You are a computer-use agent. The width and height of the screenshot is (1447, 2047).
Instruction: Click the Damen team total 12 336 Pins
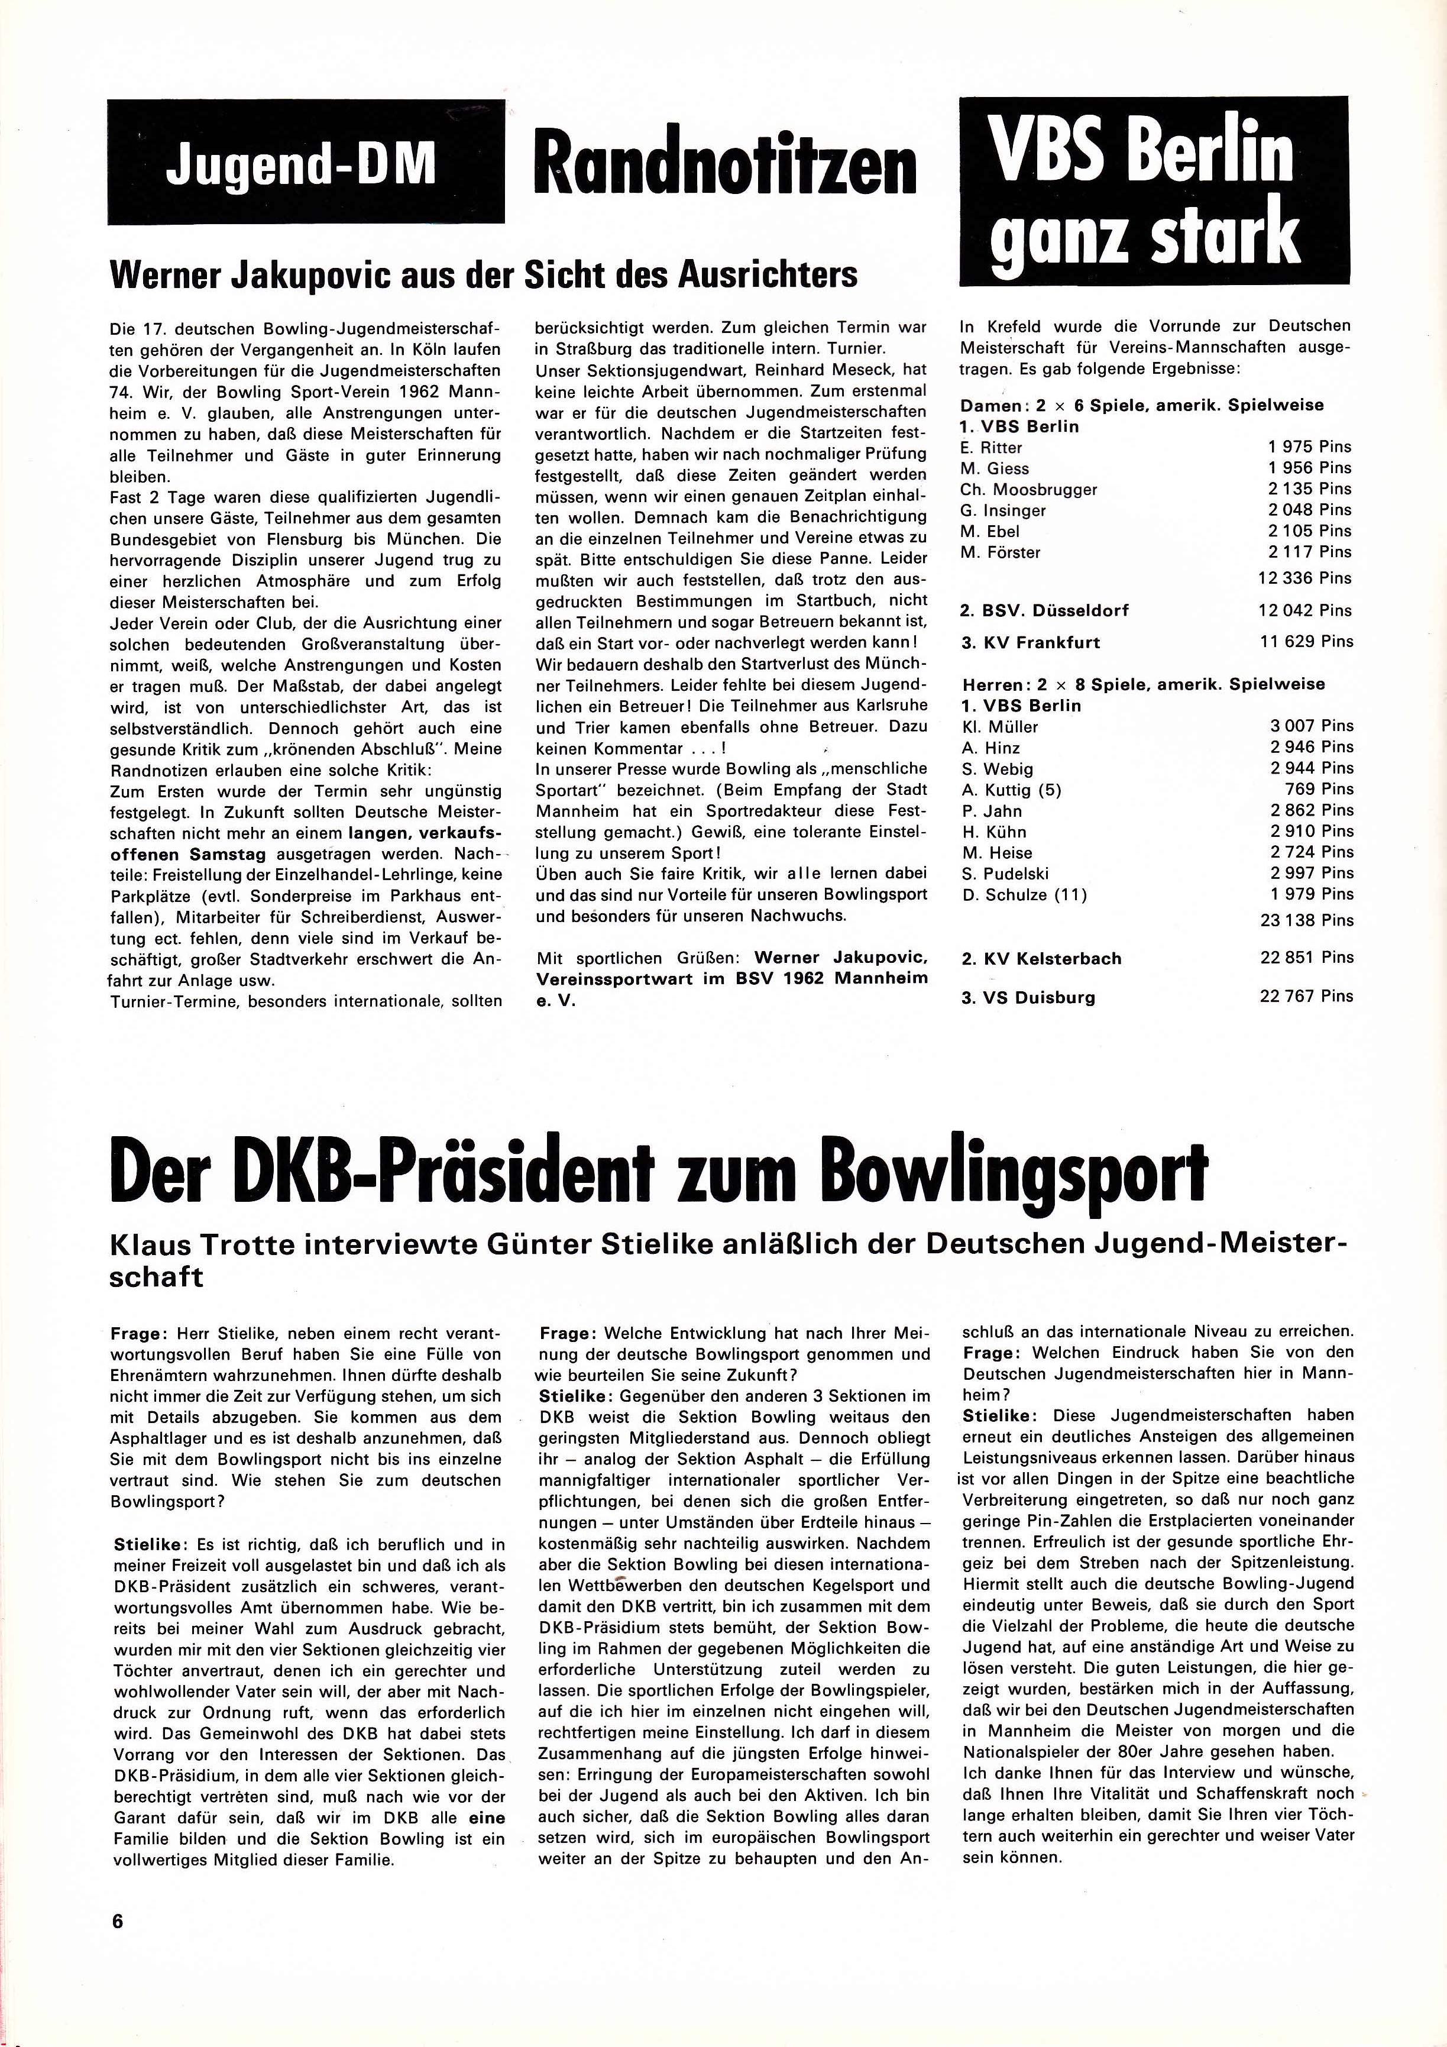pos(1304,578)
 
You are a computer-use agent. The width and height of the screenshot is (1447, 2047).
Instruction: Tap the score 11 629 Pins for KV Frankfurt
pos(1305,641)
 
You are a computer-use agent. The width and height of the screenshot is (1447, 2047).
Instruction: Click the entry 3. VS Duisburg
pos(1028,998)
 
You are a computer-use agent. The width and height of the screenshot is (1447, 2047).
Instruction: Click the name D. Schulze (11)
pos(1024,895)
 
